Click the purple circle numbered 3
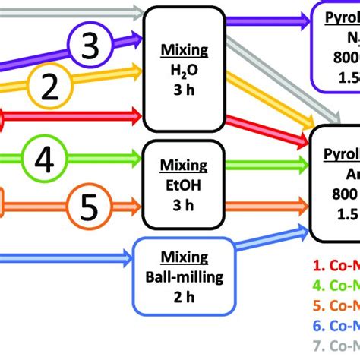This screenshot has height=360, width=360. [x=90, y=47]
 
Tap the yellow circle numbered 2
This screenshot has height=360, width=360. [x=49, y=89]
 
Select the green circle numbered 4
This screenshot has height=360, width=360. [x=45, y=160]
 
